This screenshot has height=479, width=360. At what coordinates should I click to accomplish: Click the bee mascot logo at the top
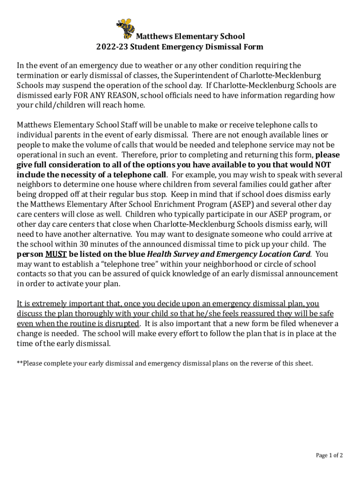click(x=125, y=29)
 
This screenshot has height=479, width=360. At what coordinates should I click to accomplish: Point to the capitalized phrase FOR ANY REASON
click(x=110, y=95)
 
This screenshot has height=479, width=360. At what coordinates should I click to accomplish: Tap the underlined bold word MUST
click(x=56, y=254)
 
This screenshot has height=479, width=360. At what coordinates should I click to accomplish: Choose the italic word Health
click(x=161, y=254)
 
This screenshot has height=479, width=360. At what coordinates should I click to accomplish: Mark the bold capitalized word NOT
click(x=323, y=165)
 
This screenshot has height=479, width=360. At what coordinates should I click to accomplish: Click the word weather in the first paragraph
click(x=144, y=65)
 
